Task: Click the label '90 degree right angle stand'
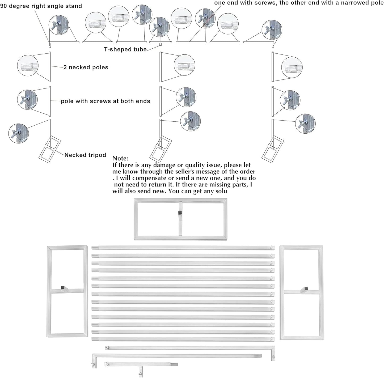click(41, 6)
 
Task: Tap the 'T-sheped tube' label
click(125, 49)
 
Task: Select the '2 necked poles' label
click(86, 67)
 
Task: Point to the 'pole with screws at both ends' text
click(106, 101)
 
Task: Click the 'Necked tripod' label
click(85, 155)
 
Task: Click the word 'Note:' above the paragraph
click(120, 158)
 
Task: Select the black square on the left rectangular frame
click(63, 287)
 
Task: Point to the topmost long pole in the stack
click(183, 248)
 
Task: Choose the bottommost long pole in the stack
click(183, 339)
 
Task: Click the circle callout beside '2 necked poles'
click(28, 65)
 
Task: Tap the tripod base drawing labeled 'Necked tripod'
click(50, 149)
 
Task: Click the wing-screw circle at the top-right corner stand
click(272, 29)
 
